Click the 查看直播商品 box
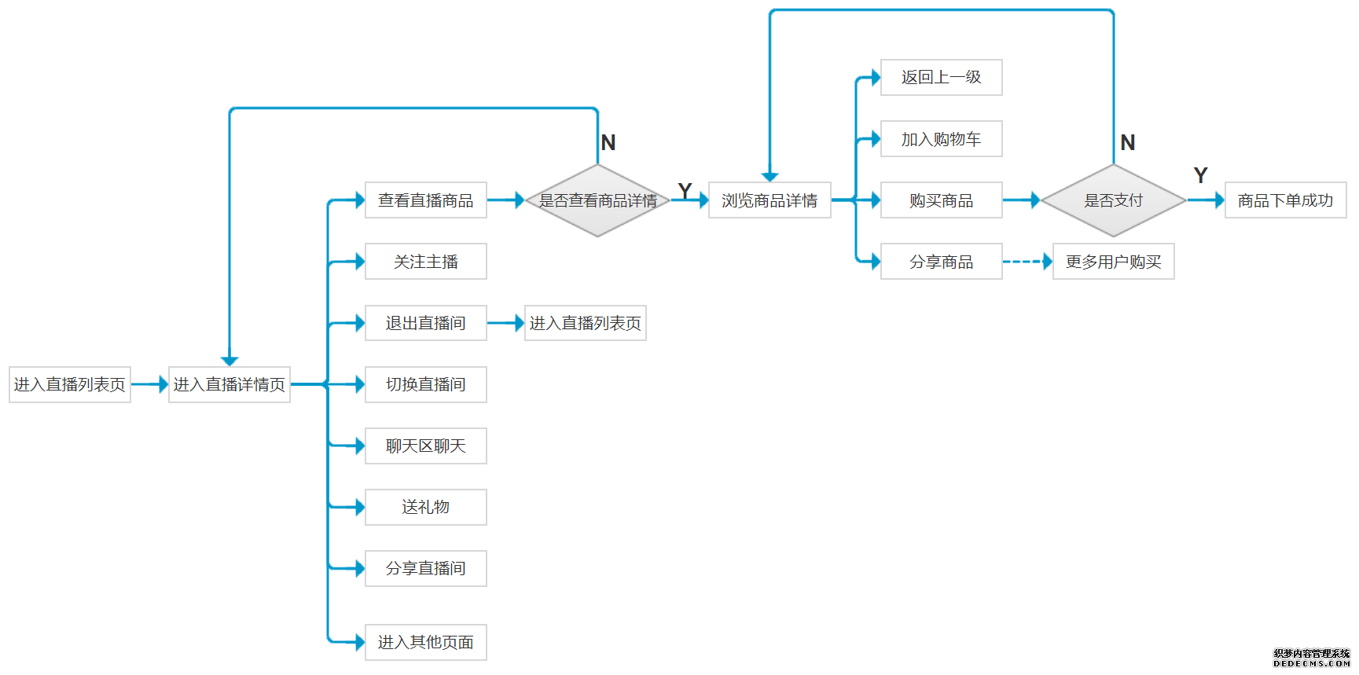[425, 200]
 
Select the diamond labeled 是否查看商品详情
[597, 200]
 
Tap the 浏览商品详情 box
[769, 200]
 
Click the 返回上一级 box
[941, 77]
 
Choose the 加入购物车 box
[941, 139]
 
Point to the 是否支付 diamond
[1113, 200]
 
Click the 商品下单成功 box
[1285, 200]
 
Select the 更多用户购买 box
[1113, 262]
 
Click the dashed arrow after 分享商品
[1027, 262]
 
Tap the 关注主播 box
[425, 262]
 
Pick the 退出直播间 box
[425, 323]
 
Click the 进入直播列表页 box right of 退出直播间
[585, 323]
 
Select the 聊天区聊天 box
[425, 446]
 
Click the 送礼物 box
[425, 507]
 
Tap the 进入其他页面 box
[425, 642]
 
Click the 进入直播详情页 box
[229, 384]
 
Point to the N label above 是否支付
[1127, 143]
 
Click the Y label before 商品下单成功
[1200, 175]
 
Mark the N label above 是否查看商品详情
[608, 143]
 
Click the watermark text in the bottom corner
[1311, 658]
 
